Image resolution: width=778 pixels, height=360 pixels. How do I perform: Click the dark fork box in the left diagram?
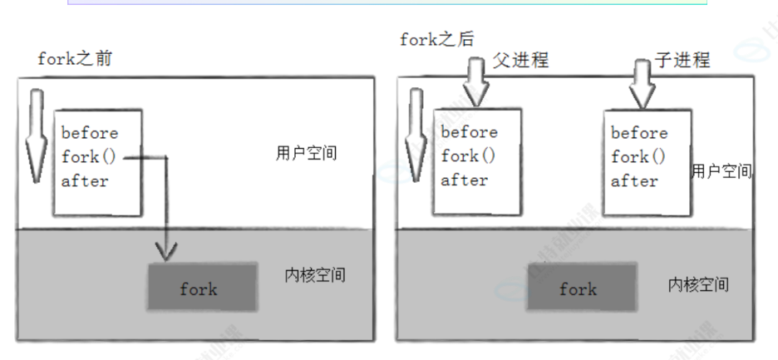[x=199, y=289]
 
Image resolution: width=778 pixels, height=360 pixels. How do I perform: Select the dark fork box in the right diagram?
[x=578, y=288]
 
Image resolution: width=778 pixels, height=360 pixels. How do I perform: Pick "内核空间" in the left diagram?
[x=314, y=275]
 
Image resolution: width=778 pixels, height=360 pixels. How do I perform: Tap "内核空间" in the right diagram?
[x=698, y=284]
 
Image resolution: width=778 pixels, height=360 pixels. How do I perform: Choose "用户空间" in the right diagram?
[x=721, y=171]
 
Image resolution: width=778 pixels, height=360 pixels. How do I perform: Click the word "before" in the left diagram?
[x=90, y=133]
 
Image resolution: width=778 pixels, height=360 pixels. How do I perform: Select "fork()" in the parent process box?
[x=468, y=155]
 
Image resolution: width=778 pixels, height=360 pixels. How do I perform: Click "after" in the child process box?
[x=634, y=180]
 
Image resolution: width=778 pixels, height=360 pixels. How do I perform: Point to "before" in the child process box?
[x=639, y=133]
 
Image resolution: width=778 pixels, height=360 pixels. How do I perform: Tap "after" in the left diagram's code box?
[x=85, y=180]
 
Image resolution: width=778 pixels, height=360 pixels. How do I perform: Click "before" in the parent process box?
[x=469, y=132]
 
